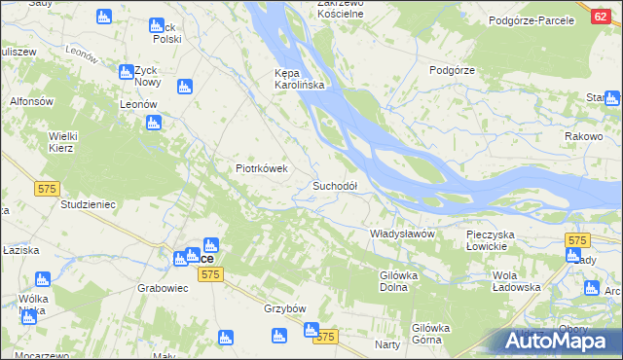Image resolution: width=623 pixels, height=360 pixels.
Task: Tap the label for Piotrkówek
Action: [x=262, y=167]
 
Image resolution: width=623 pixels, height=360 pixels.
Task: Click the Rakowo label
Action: [x=584, y=137]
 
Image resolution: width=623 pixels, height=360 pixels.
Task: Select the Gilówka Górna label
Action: [x=434, y=334]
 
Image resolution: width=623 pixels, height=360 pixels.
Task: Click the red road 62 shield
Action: [x=600, y=17]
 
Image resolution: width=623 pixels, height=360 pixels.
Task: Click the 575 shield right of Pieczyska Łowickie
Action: [x=577, y=240]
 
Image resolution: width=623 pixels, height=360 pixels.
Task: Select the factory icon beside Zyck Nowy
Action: [x=126, y=71]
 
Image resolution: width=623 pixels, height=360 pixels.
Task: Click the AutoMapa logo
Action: [x=561, y=340]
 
